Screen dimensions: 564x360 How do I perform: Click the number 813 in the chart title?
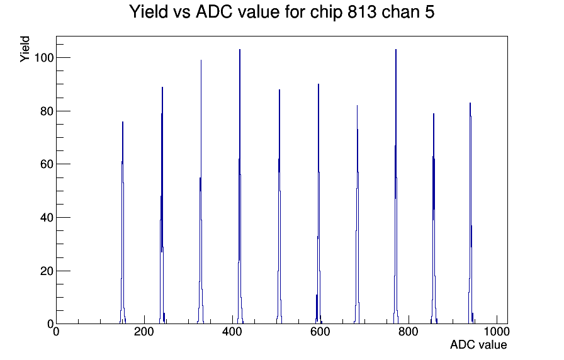[x=362, y=11]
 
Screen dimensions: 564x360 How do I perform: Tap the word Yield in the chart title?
[x=149, y=11]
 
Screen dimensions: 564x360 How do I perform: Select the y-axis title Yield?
[x=25, y=49]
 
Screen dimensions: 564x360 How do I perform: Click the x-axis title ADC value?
[x=478, y=344]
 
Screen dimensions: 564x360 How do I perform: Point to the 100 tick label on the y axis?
[x=44, y=57]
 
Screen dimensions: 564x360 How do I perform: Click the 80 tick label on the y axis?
[x=47, y=111]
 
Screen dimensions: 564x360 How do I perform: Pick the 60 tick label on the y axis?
[x=47, y=164]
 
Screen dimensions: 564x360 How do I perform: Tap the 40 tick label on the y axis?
[x=47, y=218]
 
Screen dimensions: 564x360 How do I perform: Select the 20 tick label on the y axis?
[x=47, y=271]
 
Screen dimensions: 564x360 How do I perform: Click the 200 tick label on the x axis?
[x=144, y=331]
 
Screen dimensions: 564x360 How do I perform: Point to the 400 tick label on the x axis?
[x=232, y=331]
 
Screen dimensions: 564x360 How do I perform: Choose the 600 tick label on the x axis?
[x=320, y=331]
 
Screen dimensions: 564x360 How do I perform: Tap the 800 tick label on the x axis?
[x=409, y=331]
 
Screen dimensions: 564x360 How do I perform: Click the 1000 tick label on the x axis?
[x=497, y=331]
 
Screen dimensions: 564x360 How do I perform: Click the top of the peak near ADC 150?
[x=123, y=122]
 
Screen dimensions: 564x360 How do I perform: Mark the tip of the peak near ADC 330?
[x=201, y=60]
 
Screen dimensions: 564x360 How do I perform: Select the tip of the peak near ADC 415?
[x=240, y=50]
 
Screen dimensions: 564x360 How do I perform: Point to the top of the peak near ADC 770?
[x=396, y=50]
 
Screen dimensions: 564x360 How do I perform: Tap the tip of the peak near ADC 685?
[x=357, y=106]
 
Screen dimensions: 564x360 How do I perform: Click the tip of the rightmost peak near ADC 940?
[x=470, y=103]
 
